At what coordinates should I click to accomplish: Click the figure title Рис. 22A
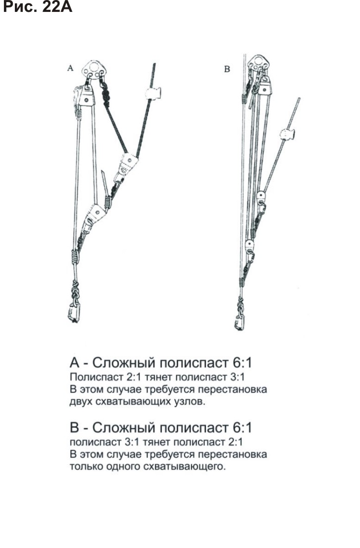[38, 7]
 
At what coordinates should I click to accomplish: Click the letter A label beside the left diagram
[70, 68]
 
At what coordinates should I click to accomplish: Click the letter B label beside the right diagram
[227, 69]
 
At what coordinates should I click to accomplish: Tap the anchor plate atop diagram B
[258, 63]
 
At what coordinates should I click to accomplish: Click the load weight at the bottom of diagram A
[74, 312]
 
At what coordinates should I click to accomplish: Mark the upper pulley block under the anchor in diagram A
[86, 96]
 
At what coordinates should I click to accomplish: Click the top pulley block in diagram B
[265, 86]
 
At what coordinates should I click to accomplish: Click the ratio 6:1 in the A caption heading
[242, 362]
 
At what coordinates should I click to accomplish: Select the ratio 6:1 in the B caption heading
[242, 428]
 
